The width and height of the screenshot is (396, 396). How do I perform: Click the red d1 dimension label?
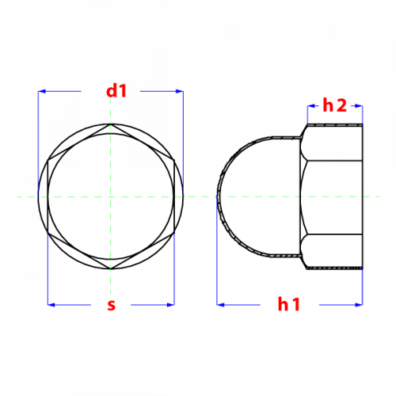point(116,91)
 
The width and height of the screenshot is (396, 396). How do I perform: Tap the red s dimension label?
point(112,305)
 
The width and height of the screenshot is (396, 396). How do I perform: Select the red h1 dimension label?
point(289,304)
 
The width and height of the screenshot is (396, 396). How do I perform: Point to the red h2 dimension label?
point(335,105)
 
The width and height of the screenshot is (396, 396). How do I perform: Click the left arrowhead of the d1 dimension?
point(42,91)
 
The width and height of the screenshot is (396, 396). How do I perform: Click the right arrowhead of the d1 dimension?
point(180,91)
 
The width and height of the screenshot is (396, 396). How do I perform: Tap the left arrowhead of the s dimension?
point(51,305)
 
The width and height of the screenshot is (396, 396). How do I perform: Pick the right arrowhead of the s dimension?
point(171,305)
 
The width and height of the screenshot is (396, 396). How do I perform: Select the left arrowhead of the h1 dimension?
point(220,305)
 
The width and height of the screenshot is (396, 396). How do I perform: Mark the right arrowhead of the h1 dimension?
point(359,305)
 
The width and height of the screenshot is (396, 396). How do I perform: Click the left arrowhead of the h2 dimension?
point(311,106)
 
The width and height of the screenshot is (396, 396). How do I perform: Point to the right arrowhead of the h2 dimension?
point(359,106)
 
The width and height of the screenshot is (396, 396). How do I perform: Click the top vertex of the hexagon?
point(111,124)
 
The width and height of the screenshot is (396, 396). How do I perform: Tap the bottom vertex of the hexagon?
point(111,269)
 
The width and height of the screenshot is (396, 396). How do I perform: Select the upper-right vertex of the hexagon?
point(174,160)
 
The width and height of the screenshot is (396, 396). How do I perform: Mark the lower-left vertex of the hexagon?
point(48,233)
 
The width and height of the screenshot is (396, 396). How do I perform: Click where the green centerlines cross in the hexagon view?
point(111,196)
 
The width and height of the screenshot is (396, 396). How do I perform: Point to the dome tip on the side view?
point(217,196)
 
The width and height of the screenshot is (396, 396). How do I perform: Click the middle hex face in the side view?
point(332,197)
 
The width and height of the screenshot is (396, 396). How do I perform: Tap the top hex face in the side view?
point(332,142)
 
